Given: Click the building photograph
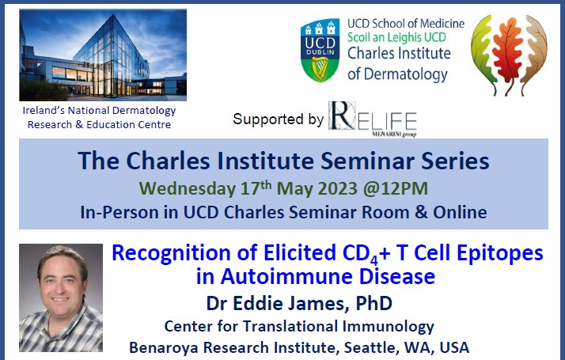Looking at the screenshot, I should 103,55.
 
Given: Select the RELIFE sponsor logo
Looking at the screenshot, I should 373,119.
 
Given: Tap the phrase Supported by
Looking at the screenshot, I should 278,119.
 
